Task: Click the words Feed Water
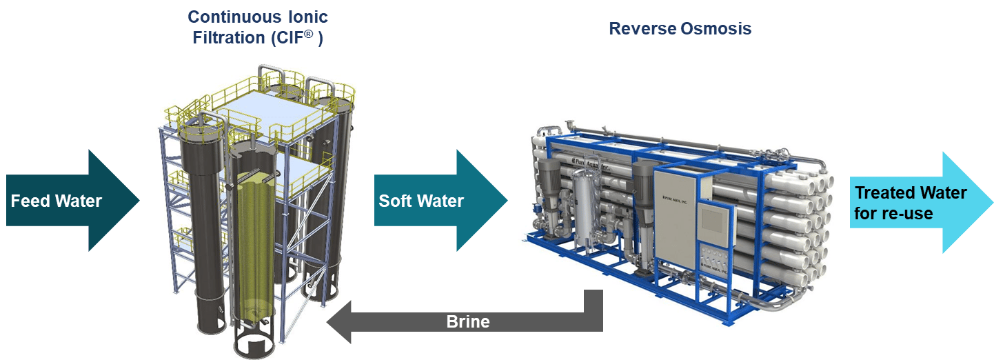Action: click(57, 201)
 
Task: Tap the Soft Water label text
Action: click(421, 201)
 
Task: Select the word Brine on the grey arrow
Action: click(468, 321)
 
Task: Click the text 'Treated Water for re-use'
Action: click(911, 203)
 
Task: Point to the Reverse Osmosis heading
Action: click(680, 29)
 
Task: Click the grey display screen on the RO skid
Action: click(714, 219)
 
